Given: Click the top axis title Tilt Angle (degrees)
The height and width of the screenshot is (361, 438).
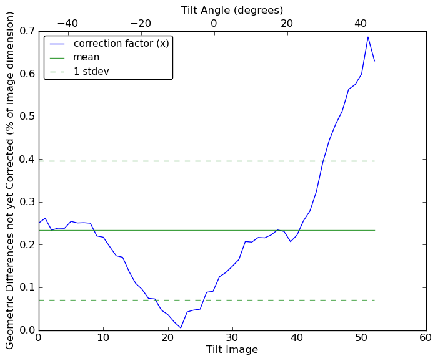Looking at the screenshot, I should click(232, 10).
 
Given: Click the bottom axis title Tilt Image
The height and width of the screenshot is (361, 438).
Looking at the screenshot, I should click(232, 350).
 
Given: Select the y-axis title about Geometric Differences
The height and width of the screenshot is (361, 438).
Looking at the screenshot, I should click(10, 180).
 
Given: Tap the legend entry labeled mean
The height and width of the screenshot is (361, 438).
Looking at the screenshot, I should click(86, 57).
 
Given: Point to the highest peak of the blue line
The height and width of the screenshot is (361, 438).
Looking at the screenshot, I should click(368, 37).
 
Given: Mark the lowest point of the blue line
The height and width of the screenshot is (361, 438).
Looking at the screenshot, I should click(181, 328).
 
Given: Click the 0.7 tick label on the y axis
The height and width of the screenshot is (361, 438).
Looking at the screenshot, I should click(26, 31).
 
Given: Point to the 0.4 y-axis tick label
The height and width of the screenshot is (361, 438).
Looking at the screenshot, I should click(26, 160).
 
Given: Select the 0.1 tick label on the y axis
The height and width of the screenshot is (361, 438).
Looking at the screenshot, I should click(26, 288).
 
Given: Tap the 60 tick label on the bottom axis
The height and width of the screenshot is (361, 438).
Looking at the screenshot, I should click(426, 338).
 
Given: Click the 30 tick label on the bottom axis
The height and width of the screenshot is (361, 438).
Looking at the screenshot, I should click(232, 338).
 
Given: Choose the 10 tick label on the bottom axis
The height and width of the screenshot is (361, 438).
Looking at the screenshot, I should click(103, 338).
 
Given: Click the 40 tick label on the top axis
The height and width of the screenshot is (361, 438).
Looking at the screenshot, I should click(361, 24).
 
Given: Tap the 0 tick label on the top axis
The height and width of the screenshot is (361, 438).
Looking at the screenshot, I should click(214, 24).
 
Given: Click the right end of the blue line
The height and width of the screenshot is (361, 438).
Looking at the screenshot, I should click(374, 61).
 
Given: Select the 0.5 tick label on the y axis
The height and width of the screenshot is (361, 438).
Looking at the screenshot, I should click(26, 117).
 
